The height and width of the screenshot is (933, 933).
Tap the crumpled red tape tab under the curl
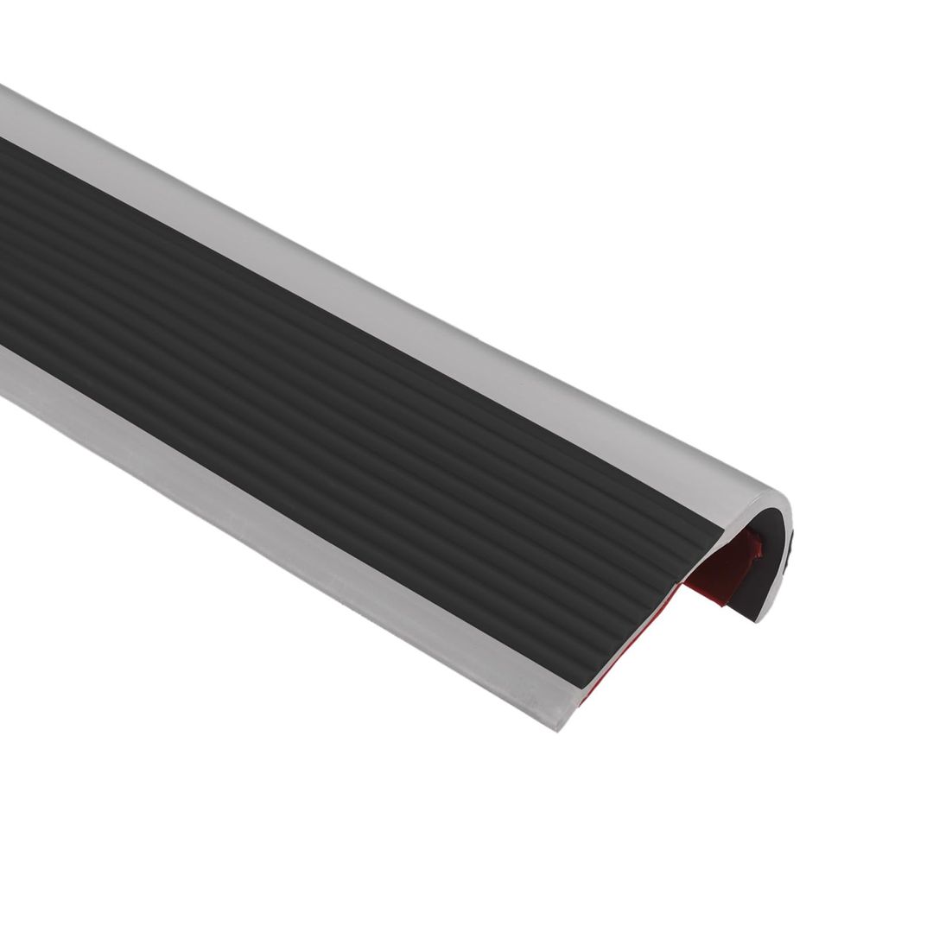point(754,548)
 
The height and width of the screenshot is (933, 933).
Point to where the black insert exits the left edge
point(3,242)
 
